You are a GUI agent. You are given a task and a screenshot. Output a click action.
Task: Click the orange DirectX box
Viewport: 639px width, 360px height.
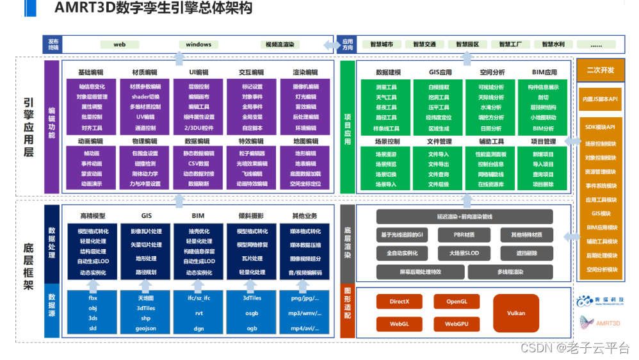click(399, 302)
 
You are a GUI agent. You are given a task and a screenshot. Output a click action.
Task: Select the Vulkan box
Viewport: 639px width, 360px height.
click(515, 313)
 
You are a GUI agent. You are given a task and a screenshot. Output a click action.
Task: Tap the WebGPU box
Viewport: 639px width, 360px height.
click(457, 324)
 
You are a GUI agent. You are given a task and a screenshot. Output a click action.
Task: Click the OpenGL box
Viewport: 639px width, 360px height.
click(457, 302)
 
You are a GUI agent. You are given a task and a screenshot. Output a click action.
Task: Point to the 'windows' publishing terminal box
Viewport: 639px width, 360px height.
click(198, 45)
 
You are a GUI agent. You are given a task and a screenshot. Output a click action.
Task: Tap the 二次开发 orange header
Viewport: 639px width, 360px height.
click(600, 70)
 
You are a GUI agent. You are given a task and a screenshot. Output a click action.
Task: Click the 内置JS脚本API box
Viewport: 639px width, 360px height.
click(600, 99)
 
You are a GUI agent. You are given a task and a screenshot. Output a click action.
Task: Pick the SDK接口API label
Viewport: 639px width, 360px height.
click(600, 127)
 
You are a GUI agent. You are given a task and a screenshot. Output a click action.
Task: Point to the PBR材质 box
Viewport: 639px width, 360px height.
click(464, 235)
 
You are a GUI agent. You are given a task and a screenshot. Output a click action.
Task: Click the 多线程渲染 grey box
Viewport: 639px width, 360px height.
click(510, 272)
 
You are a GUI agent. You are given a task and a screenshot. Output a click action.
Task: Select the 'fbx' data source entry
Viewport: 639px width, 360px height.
click(93, 299)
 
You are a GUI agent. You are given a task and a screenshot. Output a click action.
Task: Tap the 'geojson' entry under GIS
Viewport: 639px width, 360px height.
click(146, 327)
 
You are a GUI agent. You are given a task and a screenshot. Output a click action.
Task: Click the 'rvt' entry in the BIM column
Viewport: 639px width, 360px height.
click(199, 313)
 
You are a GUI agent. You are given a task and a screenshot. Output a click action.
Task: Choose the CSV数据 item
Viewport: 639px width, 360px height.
click(199, 163)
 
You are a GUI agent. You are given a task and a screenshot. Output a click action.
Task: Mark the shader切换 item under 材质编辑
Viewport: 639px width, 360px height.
click(145, 97)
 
